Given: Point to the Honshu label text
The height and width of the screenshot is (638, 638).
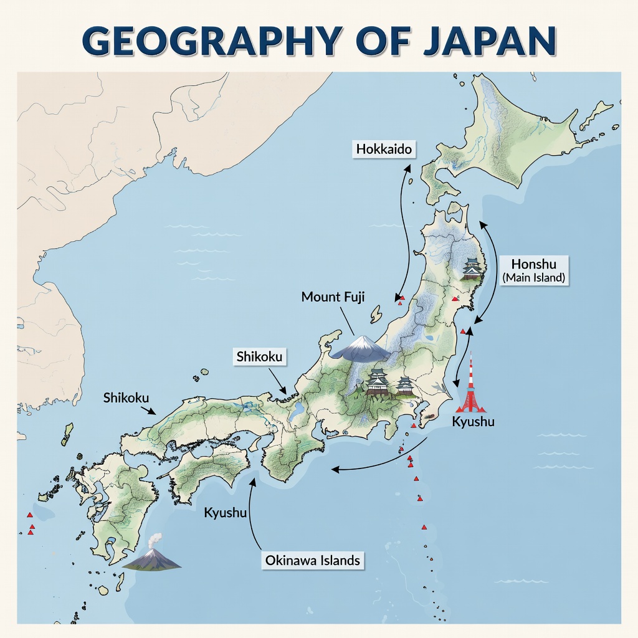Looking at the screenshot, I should click(533, 263).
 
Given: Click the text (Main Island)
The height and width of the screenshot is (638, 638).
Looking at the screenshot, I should click(533, 278).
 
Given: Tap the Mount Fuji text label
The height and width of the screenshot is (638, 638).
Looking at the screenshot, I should click(330, 297).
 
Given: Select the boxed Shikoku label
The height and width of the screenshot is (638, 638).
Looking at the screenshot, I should click(260, 357).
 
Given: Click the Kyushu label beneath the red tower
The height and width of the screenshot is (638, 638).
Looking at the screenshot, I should click(473, 422).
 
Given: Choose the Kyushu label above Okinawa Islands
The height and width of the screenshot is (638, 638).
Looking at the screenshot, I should click(226, 513).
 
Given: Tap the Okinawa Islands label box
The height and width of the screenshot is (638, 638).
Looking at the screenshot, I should click(312, 560).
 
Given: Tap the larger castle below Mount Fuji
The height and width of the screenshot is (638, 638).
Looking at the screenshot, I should click(378, 381).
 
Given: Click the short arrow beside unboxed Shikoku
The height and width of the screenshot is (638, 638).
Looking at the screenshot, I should click(149, 410).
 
